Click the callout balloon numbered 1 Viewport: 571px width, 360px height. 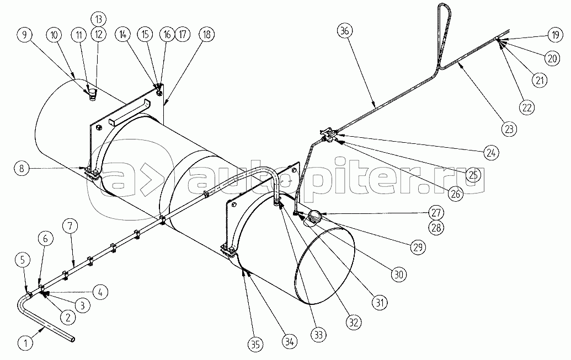coord(25,342)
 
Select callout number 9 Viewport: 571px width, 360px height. coord(25,35)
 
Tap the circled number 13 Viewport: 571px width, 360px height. coord(99,19)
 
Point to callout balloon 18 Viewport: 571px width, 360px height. coord(207,35)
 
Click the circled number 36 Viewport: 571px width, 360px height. coord(345,31)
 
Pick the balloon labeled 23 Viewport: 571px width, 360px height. coord(509,128)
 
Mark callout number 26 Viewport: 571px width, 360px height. coord(456,194)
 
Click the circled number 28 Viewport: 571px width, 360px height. coord(436,228)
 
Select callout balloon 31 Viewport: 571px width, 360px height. coord(380,302)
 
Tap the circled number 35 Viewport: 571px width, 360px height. coord(255,344)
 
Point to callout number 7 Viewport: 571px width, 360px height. coord(70,226)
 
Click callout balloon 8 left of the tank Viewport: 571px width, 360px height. coord(22,169)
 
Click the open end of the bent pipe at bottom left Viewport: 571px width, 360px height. coord(73,339)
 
